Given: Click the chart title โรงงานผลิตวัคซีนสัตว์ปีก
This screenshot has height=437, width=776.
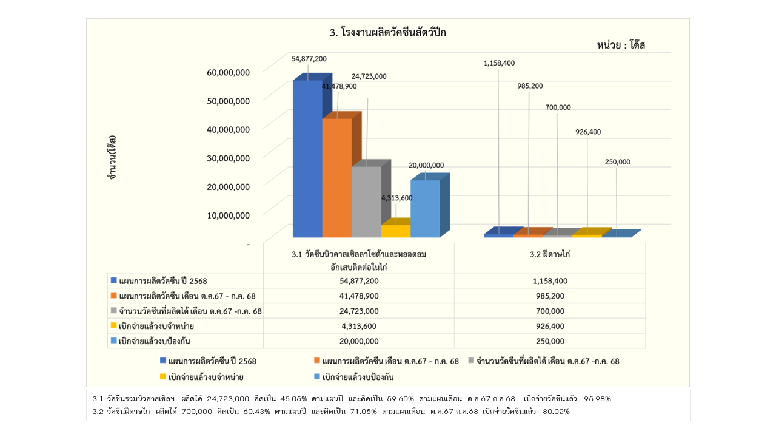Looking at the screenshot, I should pos(387,33).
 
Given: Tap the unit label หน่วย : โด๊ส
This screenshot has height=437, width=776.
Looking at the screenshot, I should pos(620,46).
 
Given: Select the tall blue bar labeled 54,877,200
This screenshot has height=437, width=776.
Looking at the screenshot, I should pos(307,158).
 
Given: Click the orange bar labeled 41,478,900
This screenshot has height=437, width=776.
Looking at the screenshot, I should pos(336,176).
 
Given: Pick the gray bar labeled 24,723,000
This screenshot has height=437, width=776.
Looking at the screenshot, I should pos(366,200).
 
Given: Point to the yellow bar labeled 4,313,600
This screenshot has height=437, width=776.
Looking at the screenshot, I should pos(395,231).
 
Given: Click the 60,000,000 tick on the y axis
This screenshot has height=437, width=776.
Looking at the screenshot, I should pos(228,72).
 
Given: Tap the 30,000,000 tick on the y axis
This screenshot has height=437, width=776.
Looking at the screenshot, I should pos(228,158).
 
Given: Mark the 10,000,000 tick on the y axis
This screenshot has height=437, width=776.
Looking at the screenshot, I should pos(228,215).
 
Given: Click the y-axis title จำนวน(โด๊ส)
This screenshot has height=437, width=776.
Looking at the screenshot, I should pos(113,159).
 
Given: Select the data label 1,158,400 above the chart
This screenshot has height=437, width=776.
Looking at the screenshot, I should pos(499,63).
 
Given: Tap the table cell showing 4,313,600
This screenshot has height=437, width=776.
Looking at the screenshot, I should pos(359,326).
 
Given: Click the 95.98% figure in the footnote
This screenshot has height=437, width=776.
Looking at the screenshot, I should pos(597,399).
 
